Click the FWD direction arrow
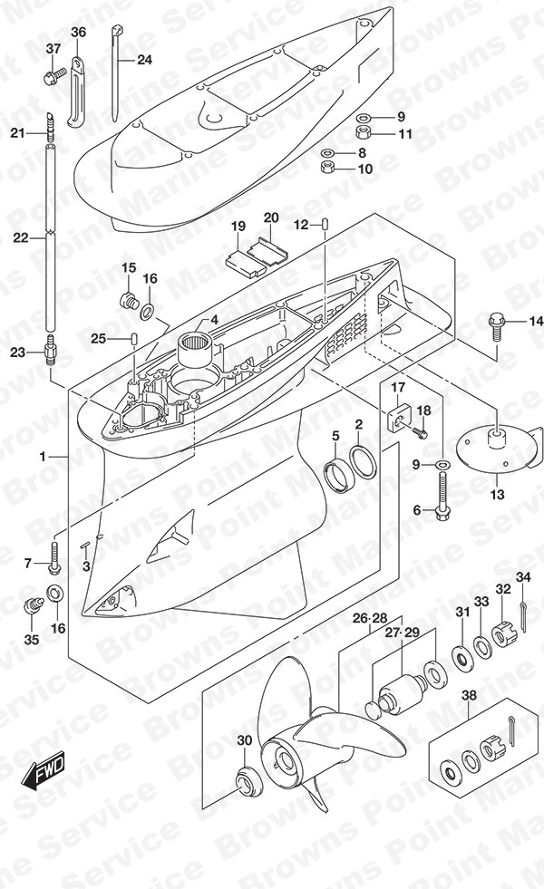coord(44,771)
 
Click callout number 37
coord(53,49)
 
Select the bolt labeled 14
coord(496,325)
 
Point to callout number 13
coord(497,495)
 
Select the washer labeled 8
coord(327,153)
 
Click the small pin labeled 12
coord(325,225)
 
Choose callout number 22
coord(21,238)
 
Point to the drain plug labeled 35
coord(33,605)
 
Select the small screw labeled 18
coord(422,432)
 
